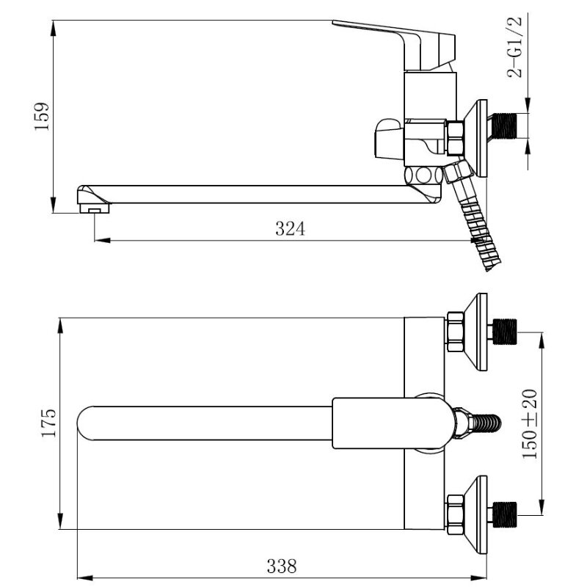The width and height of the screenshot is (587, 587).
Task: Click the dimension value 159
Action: [x=42, y=117]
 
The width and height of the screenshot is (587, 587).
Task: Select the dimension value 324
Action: [x=290, y=228]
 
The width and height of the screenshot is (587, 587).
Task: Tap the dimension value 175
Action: [x=48, y=423]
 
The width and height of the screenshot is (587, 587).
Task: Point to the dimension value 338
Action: [x=282, y=566]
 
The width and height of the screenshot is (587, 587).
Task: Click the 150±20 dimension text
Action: [x=530, y=424]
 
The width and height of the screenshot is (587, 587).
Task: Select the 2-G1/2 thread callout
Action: [x=514, y=47]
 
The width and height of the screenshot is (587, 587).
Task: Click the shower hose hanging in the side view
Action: [x=473, y=221]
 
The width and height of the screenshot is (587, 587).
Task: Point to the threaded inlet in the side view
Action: [x=503, y=125]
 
